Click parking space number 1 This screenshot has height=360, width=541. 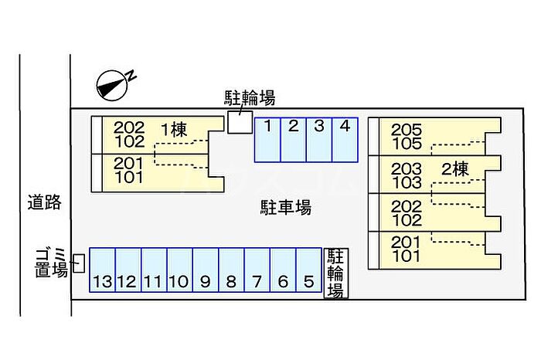coord(267,139)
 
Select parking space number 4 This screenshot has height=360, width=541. coord(345,139)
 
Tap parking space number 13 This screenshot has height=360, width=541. coord(102,270)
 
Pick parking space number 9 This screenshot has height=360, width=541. coord(206,270)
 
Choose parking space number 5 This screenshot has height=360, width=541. coord(308,270)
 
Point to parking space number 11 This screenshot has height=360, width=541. coord(154,270)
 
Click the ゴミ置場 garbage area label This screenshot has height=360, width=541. coord(51,263)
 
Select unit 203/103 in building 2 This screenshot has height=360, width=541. coord(407,176)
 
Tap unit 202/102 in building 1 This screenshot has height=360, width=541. coord(129,134)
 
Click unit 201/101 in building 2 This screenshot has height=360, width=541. coord(407,250)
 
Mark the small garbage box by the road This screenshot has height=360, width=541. coord(78,263)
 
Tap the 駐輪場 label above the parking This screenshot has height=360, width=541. coord(250,97)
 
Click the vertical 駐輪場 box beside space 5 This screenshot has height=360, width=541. coord(335,273)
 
